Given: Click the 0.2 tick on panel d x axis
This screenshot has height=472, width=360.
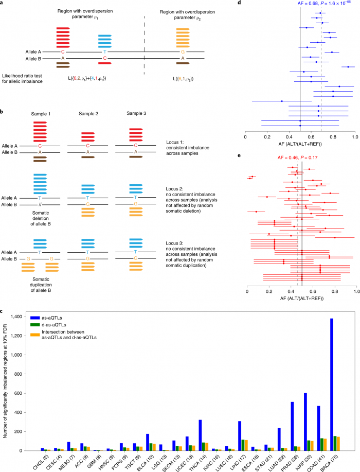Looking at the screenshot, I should pos(267,136).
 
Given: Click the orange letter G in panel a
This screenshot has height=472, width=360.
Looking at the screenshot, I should pos(182,51).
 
